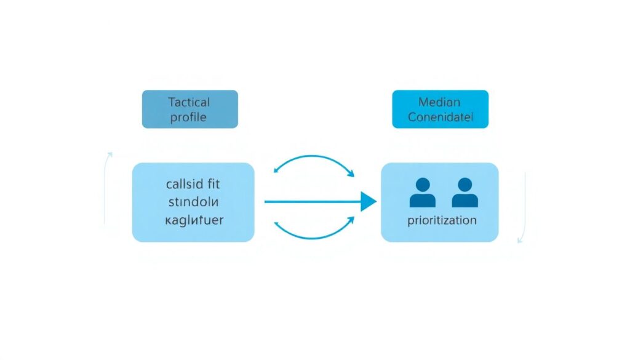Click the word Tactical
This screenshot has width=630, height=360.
[189, 102]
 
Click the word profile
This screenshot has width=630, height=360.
[189, 116]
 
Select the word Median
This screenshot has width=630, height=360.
[439, 102]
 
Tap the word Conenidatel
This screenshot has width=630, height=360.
[440, 117]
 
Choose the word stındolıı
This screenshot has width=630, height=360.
[192, 201]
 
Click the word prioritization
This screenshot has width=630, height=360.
[442, 220]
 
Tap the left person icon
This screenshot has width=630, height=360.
[423, 193]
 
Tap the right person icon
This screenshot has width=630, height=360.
[465, 193]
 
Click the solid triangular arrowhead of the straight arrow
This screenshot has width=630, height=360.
[368, 201]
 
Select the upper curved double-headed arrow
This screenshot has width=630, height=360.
[314, 158]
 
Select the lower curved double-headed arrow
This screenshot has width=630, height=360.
[314, 234]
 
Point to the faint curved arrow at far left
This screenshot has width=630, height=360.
[106, 185]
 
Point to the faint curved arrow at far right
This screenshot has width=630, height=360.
[524, 206]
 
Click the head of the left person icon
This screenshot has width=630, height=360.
[423, 184]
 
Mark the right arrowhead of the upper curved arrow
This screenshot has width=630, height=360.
[352, 174]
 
